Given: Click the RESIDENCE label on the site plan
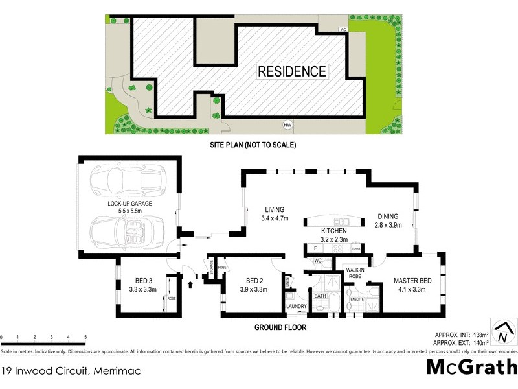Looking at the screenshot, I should coord(292,71).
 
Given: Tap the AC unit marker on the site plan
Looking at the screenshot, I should coord(343,30).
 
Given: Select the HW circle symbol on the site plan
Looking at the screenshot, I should coord(286,125).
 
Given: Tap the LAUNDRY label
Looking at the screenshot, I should coord(297,306).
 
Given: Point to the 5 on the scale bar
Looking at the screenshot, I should coord(85,338).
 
